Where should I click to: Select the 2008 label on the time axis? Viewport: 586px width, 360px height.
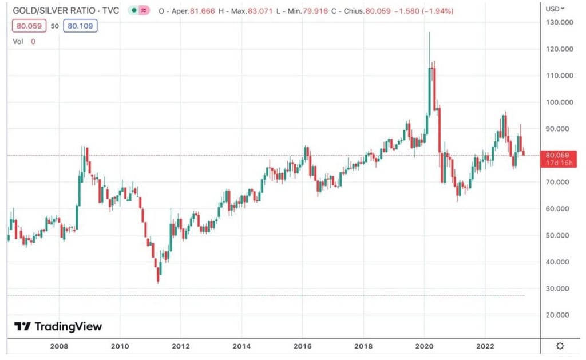point(59,346)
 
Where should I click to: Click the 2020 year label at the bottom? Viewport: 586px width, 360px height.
point(424,346)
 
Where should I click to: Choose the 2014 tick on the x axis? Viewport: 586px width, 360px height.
point(241,346)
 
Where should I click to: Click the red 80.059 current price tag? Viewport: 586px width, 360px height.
point(557,155)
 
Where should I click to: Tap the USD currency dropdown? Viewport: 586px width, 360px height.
point(555,9)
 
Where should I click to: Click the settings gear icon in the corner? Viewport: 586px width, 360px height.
point(560,346)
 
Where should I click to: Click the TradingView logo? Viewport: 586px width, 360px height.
point(58,326)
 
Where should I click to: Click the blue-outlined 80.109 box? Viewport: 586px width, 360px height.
point(81,26)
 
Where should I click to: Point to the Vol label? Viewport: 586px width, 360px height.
point(18,41)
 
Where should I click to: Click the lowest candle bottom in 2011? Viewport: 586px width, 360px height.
point(158,282)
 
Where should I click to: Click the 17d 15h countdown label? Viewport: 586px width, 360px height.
point(557,163)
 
